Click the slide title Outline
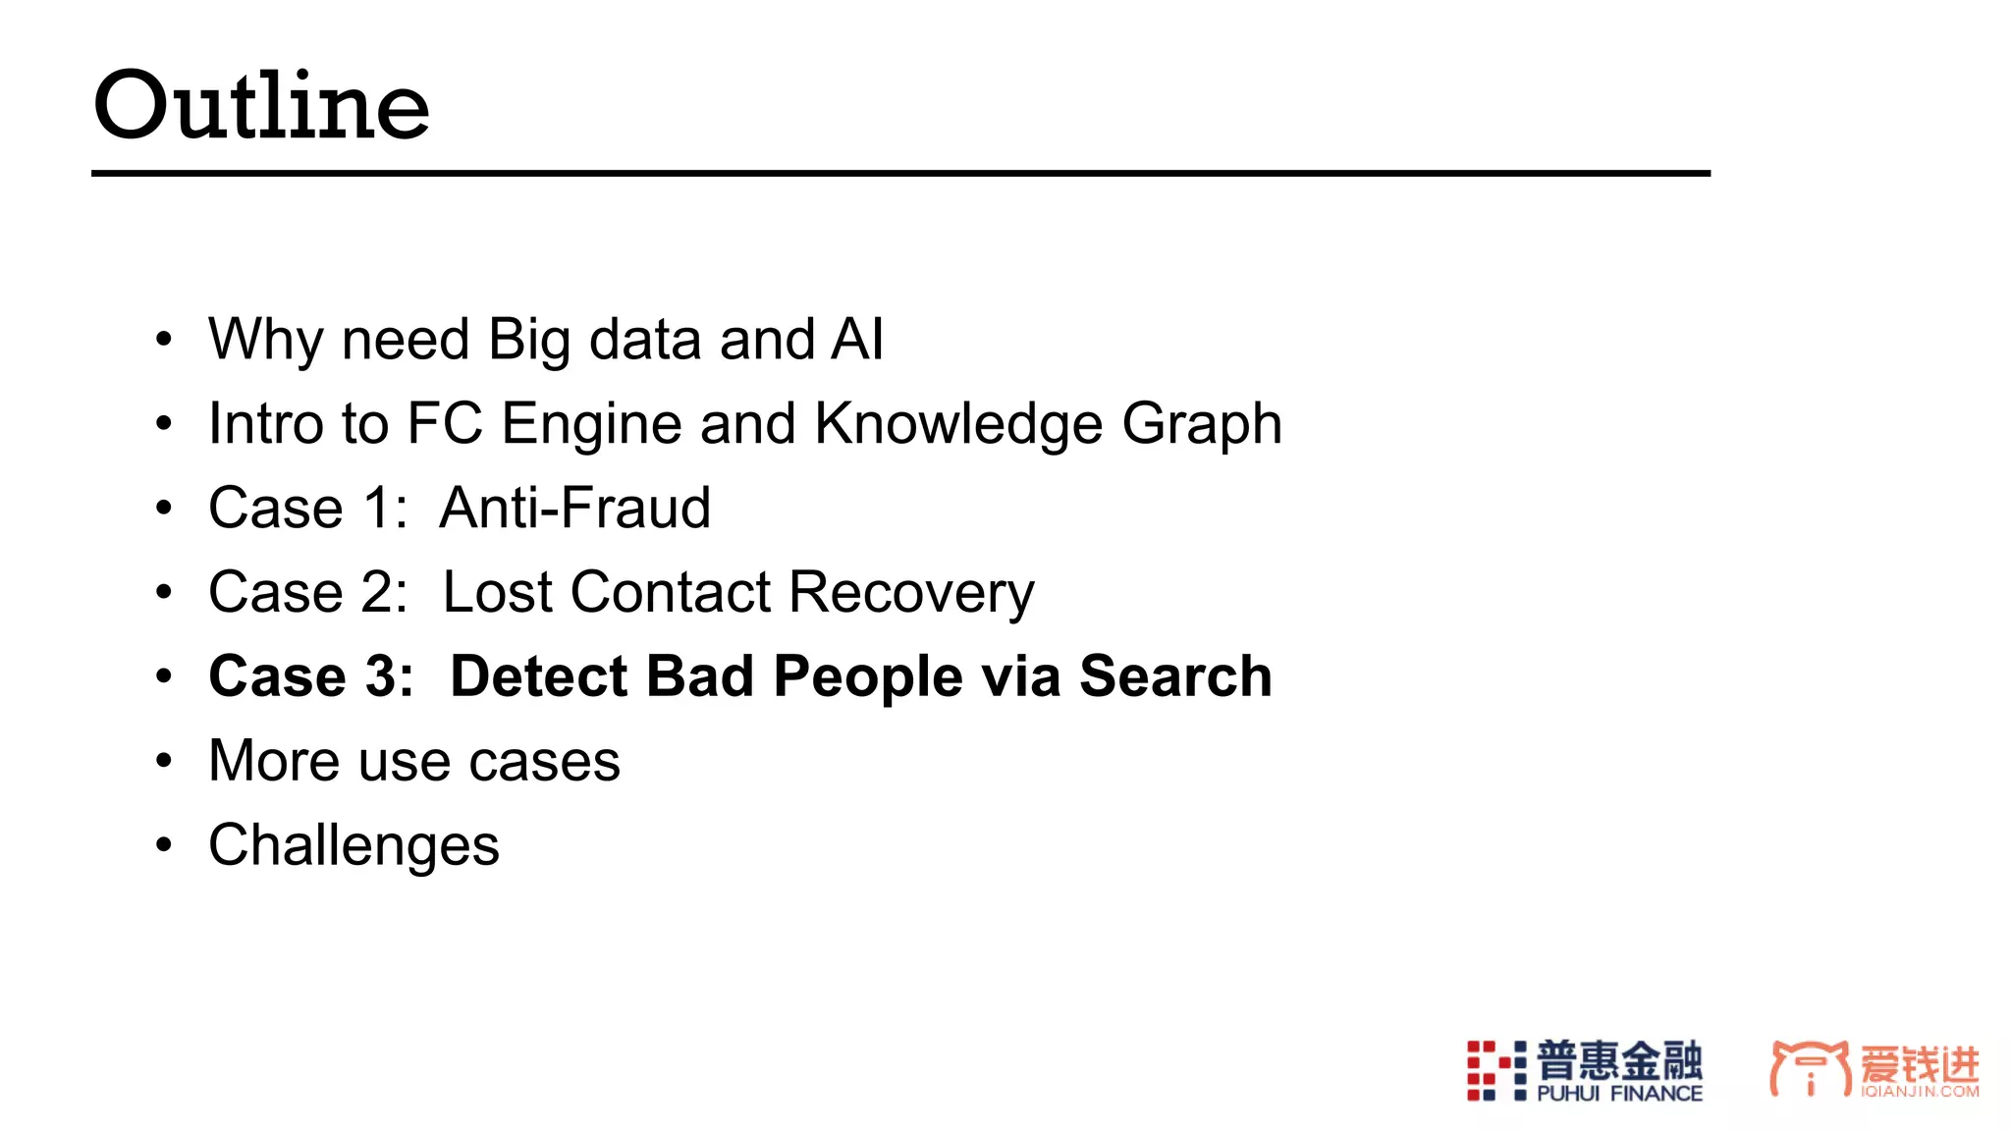pyautogui.click(x=261, y=105)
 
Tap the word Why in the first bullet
pyautogui.click(x=265, y=340)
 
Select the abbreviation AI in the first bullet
pyautogui.click(x=857, y=340)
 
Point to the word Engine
pyautogui.click(x=591, y=424)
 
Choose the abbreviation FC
pyautogui.click(x=445, y=424)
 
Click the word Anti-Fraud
pyautogui.click(x=575, y=509)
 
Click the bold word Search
pyautogui.click(x=1175, y=677)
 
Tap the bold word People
pyautogui.click(x=868, y=677)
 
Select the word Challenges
pyautogui.click(x=353, y=845)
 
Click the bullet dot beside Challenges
pyautogui.click(x=164, y=845)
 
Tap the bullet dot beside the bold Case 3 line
pyautogui.click(x=164, y=676)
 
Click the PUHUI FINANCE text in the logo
pyautogui.click(x=1619, y=1094)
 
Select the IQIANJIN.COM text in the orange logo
pyautogui.click(x=1920, y=1092)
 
